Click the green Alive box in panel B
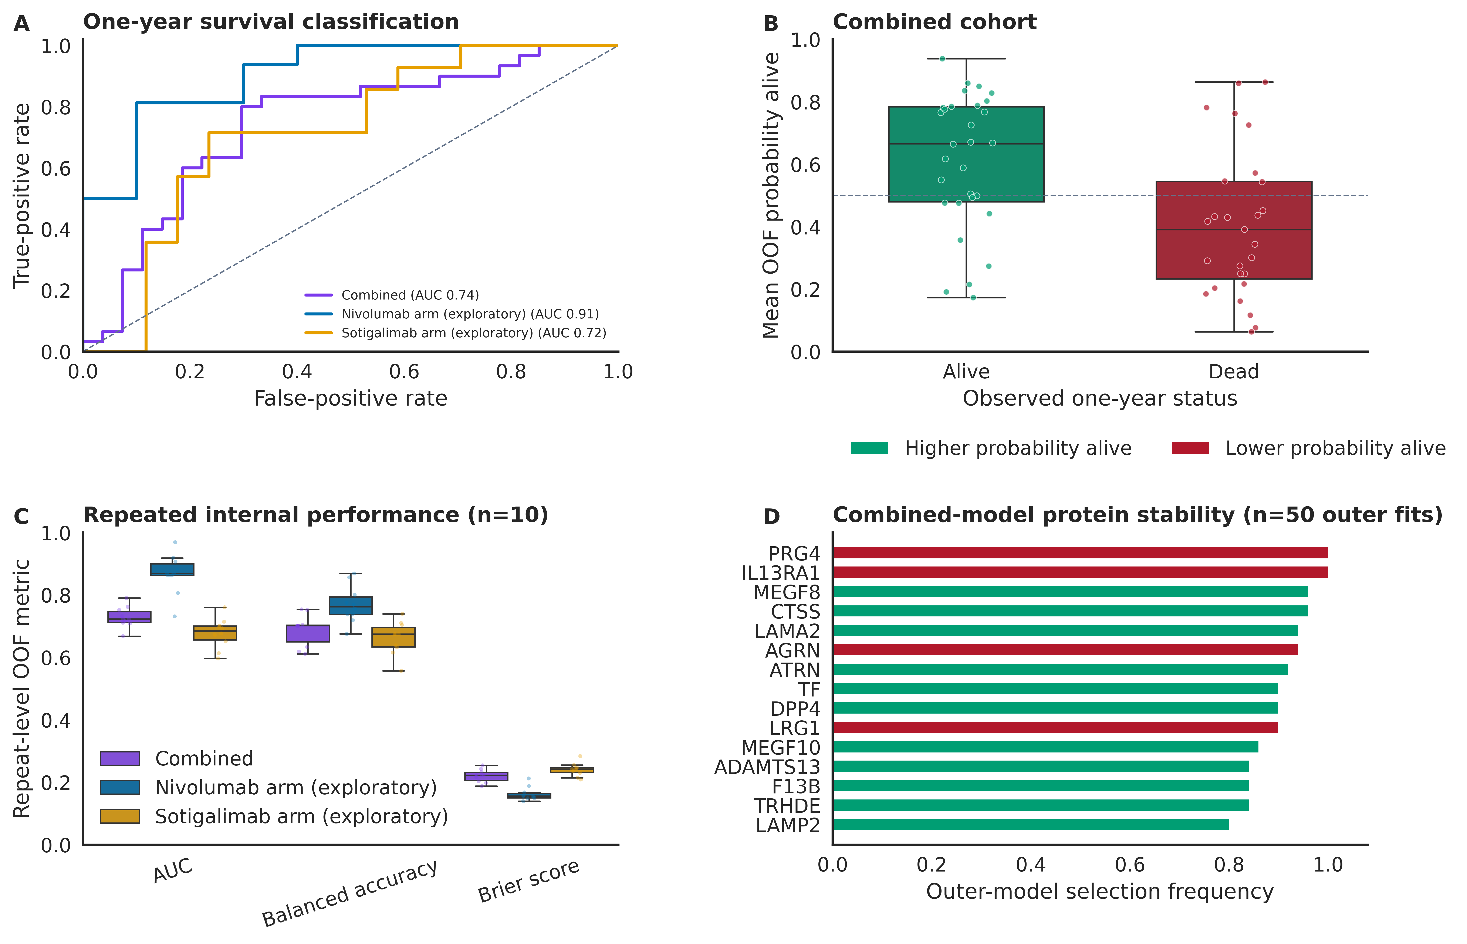(966, 154)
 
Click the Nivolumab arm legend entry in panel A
(452, 314)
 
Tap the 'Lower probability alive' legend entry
(1308, 448)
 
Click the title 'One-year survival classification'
(271, 22)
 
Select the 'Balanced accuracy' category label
(349, 893)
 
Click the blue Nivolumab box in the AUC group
(172, 569)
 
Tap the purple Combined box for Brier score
(486, 776)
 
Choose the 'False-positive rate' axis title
(351, 398)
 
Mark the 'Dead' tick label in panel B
(1233, 372)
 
